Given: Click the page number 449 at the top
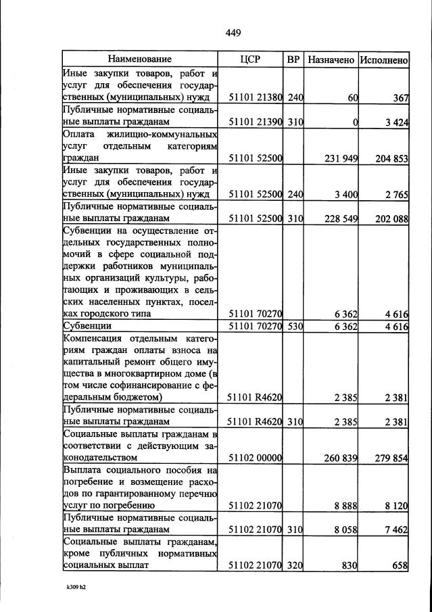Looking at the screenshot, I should pyautogui.click(x=233, y=32).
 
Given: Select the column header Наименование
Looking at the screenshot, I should pyautogui.click(x=140, y=60).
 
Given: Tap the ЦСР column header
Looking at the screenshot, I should pyautogui.click(x=250, y=60).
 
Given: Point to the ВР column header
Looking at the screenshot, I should pyautogui.click(x=293, y=60).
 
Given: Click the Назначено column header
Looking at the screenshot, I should pyautogui.click(x=331, y=60).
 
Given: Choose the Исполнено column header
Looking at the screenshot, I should pyautogui.click(x=383, y=60).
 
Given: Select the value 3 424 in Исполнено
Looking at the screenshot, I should pyautogui.click(x=396, y=122).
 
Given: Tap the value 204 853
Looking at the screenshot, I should pyautogui.click(x=391, y=158).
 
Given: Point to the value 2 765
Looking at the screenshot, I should pyautogui.click(x=396, y=195).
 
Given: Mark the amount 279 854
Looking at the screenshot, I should pyautogui.click(x=391, y=458).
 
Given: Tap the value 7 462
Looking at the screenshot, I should pyautogui.click(x=396, y=529).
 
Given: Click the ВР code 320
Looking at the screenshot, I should pyautogui.click(x=294, y=565).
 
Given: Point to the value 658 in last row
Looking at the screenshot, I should pyautogui.click(x=400, y=565).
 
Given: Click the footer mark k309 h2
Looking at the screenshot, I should pyautogui.click(x=75, y=588).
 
